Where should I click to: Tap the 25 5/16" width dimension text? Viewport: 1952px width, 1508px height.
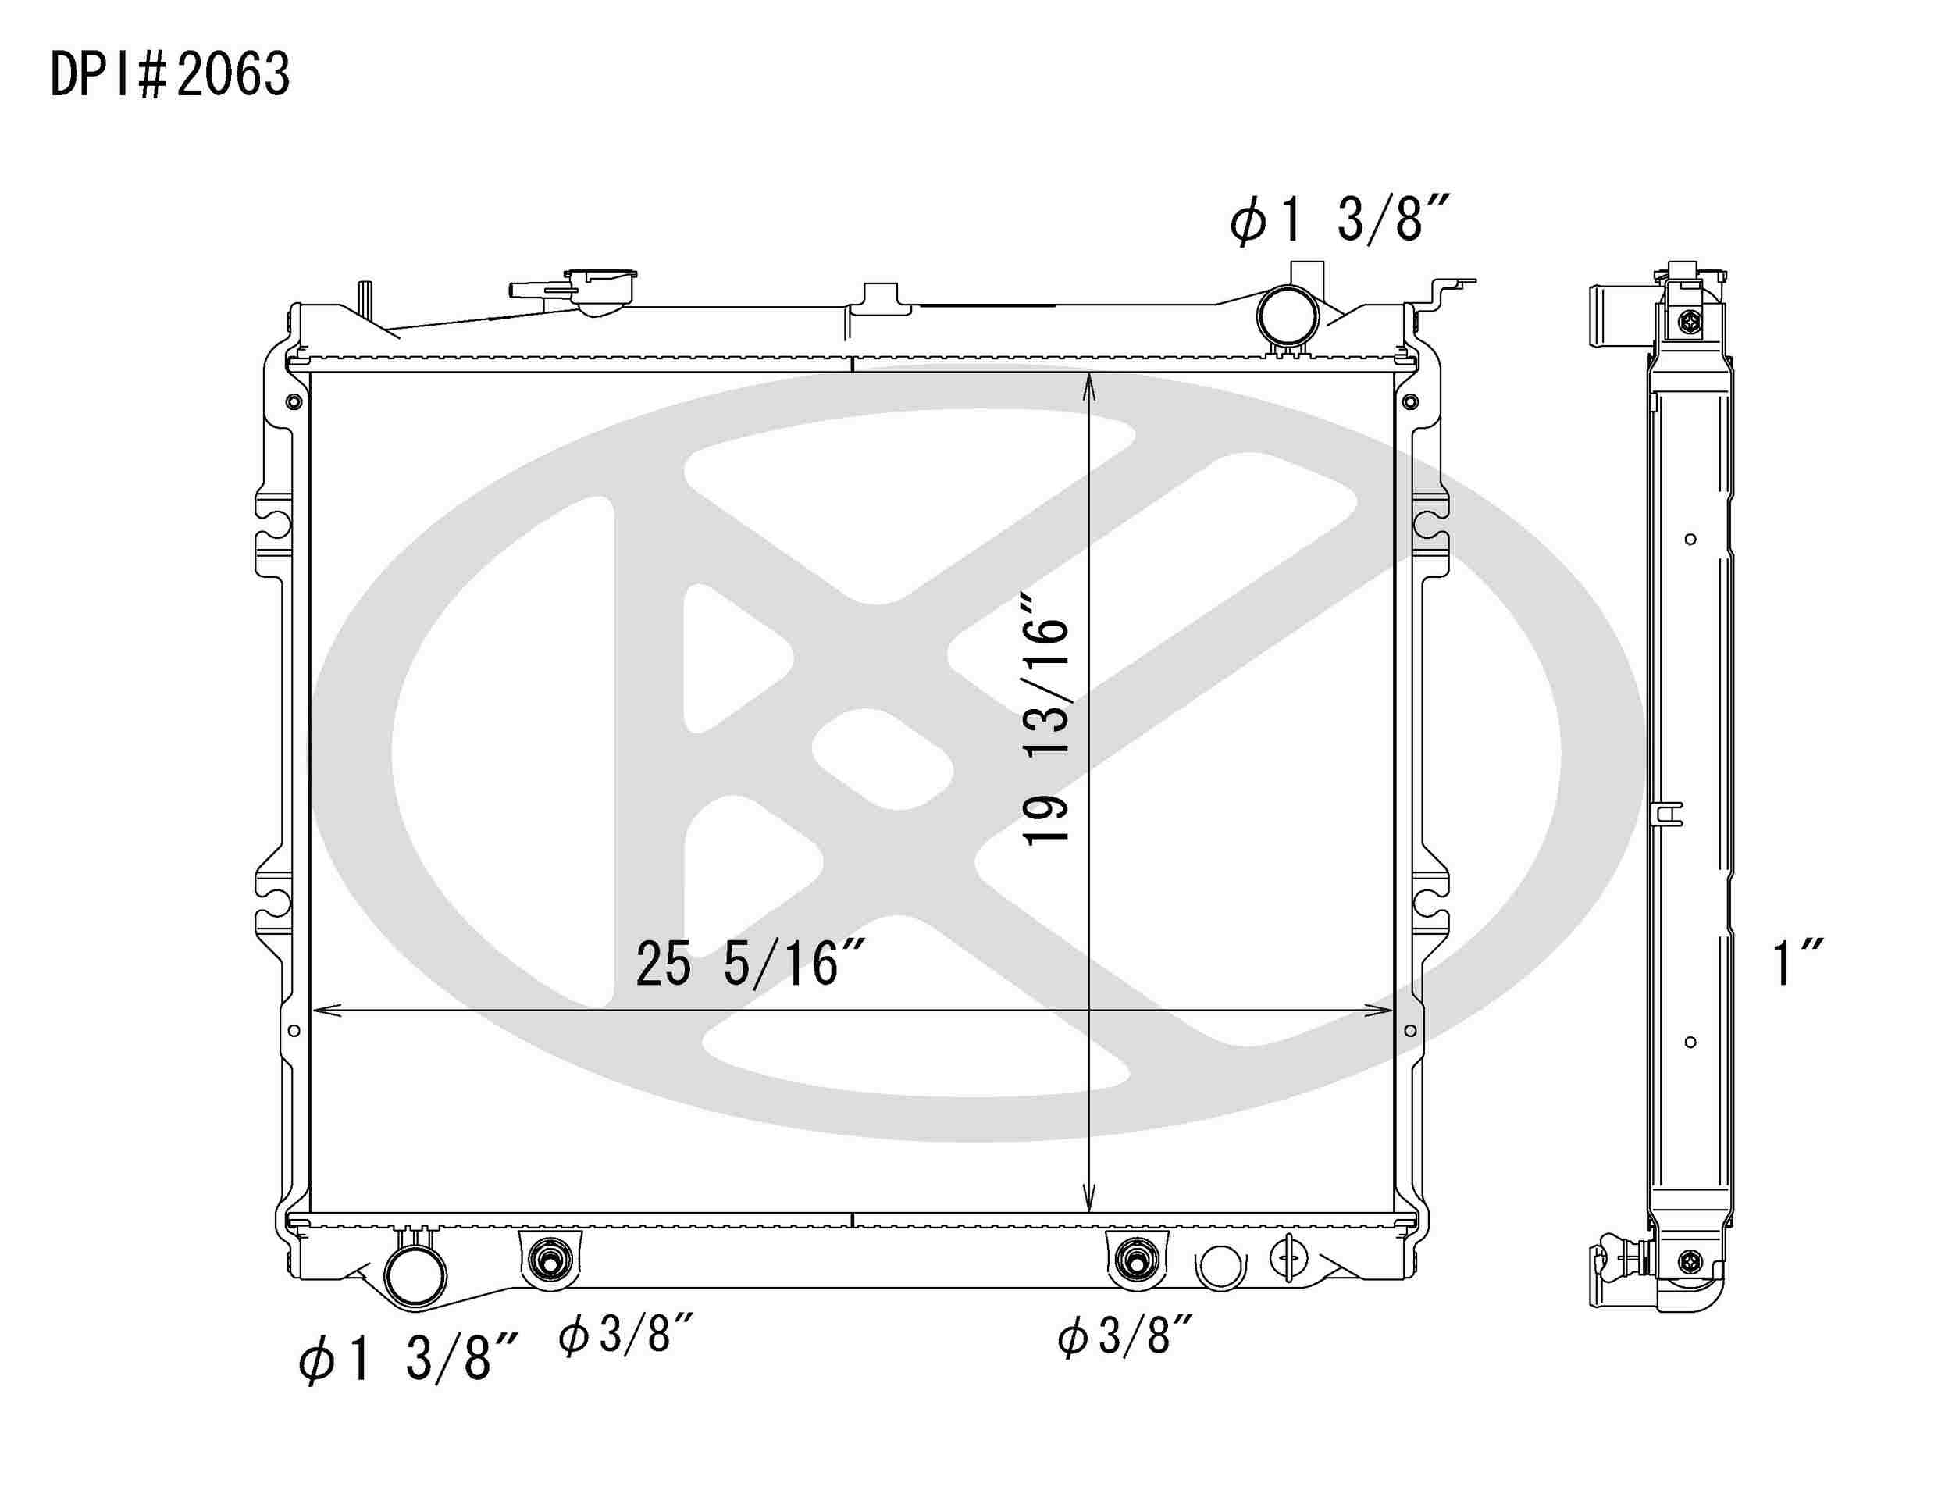tap(750, 964)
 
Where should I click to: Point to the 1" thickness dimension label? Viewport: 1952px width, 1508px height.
tap(1797, 963)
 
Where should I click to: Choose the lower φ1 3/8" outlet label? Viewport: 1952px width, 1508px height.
tap(408, 1358)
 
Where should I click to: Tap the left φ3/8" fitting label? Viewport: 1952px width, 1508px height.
tap(625, 1335)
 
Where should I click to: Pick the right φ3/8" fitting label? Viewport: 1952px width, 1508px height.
tap(1125, 1337)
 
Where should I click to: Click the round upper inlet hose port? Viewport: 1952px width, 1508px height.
tap(1288, 316)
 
